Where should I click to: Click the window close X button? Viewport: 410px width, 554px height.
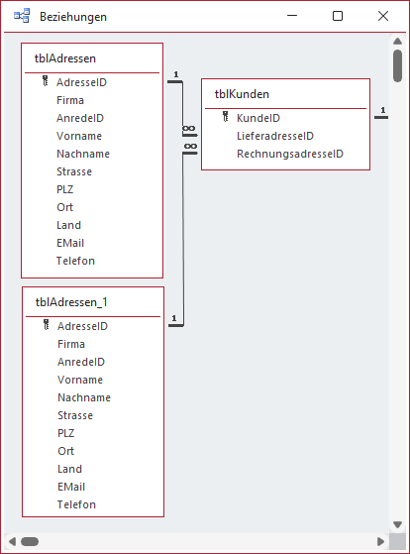(383, 17)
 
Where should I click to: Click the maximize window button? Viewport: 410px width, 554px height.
(338, 17)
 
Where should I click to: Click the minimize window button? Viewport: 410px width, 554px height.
(292, 17)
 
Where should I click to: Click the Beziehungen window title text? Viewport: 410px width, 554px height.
(73, 17)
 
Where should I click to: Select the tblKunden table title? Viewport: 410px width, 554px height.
(243, 94)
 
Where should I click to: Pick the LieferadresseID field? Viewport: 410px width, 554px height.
(275, 136)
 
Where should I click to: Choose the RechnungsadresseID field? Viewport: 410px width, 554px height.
(289, 154)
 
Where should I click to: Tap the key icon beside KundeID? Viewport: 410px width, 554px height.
(226, 118)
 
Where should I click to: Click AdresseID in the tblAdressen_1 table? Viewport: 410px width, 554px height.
(82, 326)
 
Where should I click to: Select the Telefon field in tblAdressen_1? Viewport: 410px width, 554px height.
(76, 504)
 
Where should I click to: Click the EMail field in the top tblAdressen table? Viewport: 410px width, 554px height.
(70, 243)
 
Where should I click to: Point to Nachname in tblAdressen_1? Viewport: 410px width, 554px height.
(83, 397)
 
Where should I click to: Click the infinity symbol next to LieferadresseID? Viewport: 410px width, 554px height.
(190, 131)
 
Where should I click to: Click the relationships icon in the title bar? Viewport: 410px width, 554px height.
(21, 17)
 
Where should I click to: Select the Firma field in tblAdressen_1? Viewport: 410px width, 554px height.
(71, 344)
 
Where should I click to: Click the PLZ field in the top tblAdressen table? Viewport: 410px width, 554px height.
(65, 189)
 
